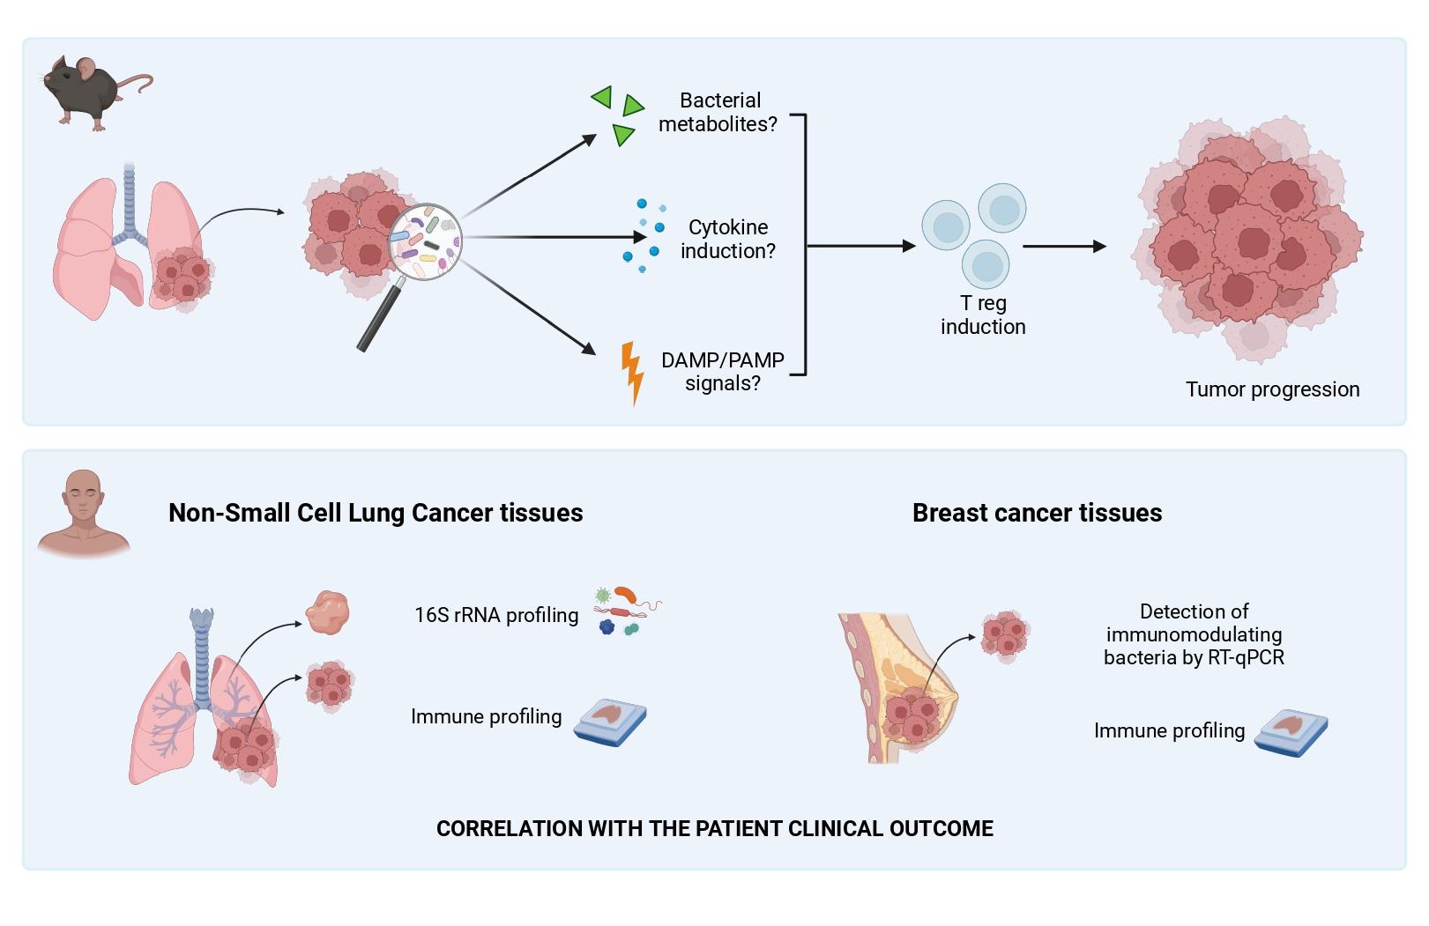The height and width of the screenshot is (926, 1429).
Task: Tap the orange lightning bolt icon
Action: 632,372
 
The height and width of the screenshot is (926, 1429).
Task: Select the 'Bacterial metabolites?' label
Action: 718,113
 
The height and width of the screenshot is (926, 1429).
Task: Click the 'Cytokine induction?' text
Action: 727,239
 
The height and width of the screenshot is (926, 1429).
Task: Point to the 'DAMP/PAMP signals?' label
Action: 722,372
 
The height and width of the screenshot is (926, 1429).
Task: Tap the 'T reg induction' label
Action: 982,315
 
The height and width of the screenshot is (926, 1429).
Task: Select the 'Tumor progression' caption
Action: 1271,389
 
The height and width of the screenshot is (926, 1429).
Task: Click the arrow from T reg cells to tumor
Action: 1063,247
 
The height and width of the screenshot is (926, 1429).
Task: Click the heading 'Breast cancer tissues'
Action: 1037,513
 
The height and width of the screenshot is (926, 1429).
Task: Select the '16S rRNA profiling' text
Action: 496,615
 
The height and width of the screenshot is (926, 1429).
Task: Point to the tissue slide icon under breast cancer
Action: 1291,732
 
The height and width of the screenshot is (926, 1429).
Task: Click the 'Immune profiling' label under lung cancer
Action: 486,716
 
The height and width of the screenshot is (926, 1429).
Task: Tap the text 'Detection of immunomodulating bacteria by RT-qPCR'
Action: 1194,634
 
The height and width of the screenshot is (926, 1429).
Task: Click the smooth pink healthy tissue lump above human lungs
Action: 327,612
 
